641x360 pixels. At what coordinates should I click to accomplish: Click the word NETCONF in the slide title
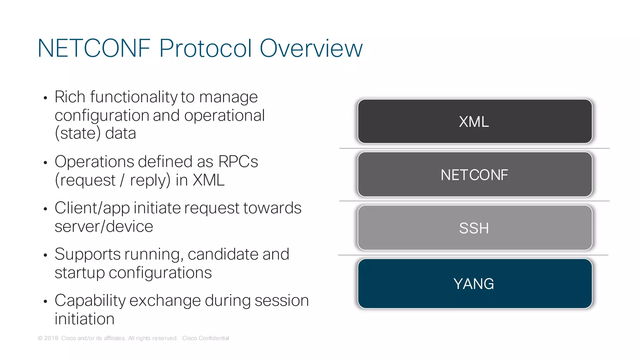pyautogui.click(x=94, y=48)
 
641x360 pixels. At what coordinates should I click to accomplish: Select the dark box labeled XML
pyautogui.click(x=474, y=121)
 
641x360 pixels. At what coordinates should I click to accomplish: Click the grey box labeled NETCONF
pyautogui.click(x=474, y=175)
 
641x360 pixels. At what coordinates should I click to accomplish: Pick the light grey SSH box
pyautogui.click(x=474, y=228)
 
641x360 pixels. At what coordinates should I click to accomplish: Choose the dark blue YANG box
pyautogui.click(x=474, y=283)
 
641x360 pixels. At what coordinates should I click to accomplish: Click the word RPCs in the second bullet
pyautogui.click(x=238, y=162)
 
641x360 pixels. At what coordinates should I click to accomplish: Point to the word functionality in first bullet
pyautogui.click(x=134, y=97)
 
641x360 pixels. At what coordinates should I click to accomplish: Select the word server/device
pyautogui.click(x=104, y=226)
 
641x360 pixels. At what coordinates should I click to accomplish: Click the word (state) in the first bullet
pyautogui.click(x=78, y=134)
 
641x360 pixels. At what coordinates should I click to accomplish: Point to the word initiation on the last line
pyautogui.click(x=85, y=319)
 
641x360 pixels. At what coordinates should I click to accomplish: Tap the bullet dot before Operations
pyautogui.click(x=45, y=163)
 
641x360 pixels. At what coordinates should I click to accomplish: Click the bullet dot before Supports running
pyautogui.click(x=45, y=255)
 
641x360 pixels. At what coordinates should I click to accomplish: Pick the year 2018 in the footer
pyautogui.click(x=51, y=338)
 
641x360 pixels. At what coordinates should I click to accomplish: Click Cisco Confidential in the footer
pyautogui.click(x=205, y=338)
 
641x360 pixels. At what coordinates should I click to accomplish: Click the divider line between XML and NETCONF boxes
pyautogui.click(x=474, y=148)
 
